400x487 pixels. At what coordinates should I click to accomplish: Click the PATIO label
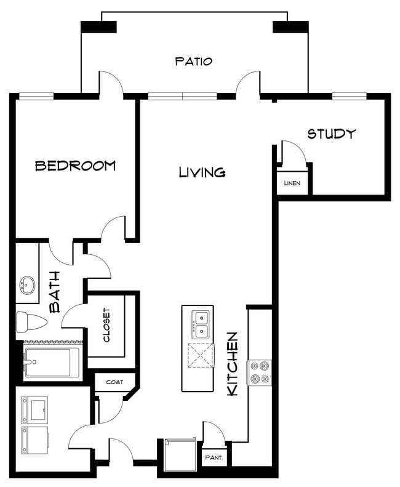[x=194, y=61]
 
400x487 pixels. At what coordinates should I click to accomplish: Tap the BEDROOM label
[x=76, y=166]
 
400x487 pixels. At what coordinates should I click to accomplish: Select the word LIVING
[x=202, y=172]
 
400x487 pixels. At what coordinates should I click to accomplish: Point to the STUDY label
[x=331, y=134]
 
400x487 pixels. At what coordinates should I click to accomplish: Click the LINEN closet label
[x=292, y=183]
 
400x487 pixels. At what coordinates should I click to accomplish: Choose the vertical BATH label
[x=55, y=292]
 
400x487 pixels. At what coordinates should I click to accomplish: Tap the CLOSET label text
[x=106, y=325]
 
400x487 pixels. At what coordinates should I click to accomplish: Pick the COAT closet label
[x=114, y=382]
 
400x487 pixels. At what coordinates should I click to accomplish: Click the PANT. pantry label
[x=214, y=457]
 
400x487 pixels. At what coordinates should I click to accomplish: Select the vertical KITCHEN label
[x=233, y=364]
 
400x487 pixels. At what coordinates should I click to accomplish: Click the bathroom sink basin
[x=27, y=285]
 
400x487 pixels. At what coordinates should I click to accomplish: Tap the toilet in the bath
[x=31, y=322]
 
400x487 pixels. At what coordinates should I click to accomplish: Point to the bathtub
[x=52, y=363]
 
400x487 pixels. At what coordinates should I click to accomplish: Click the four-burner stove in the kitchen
[x=259, y=372]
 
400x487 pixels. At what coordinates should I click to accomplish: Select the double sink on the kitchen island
[x=201, y=325]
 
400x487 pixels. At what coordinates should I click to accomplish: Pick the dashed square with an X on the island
[x=201, y=356]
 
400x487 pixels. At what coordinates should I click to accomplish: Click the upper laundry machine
[x=34, y=410]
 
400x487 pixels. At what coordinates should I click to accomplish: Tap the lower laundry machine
[x=34, y=440]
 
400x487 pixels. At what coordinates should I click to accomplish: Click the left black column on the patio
[x=98, y=27]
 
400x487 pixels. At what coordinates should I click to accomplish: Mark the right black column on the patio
[x=290, y=27]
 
